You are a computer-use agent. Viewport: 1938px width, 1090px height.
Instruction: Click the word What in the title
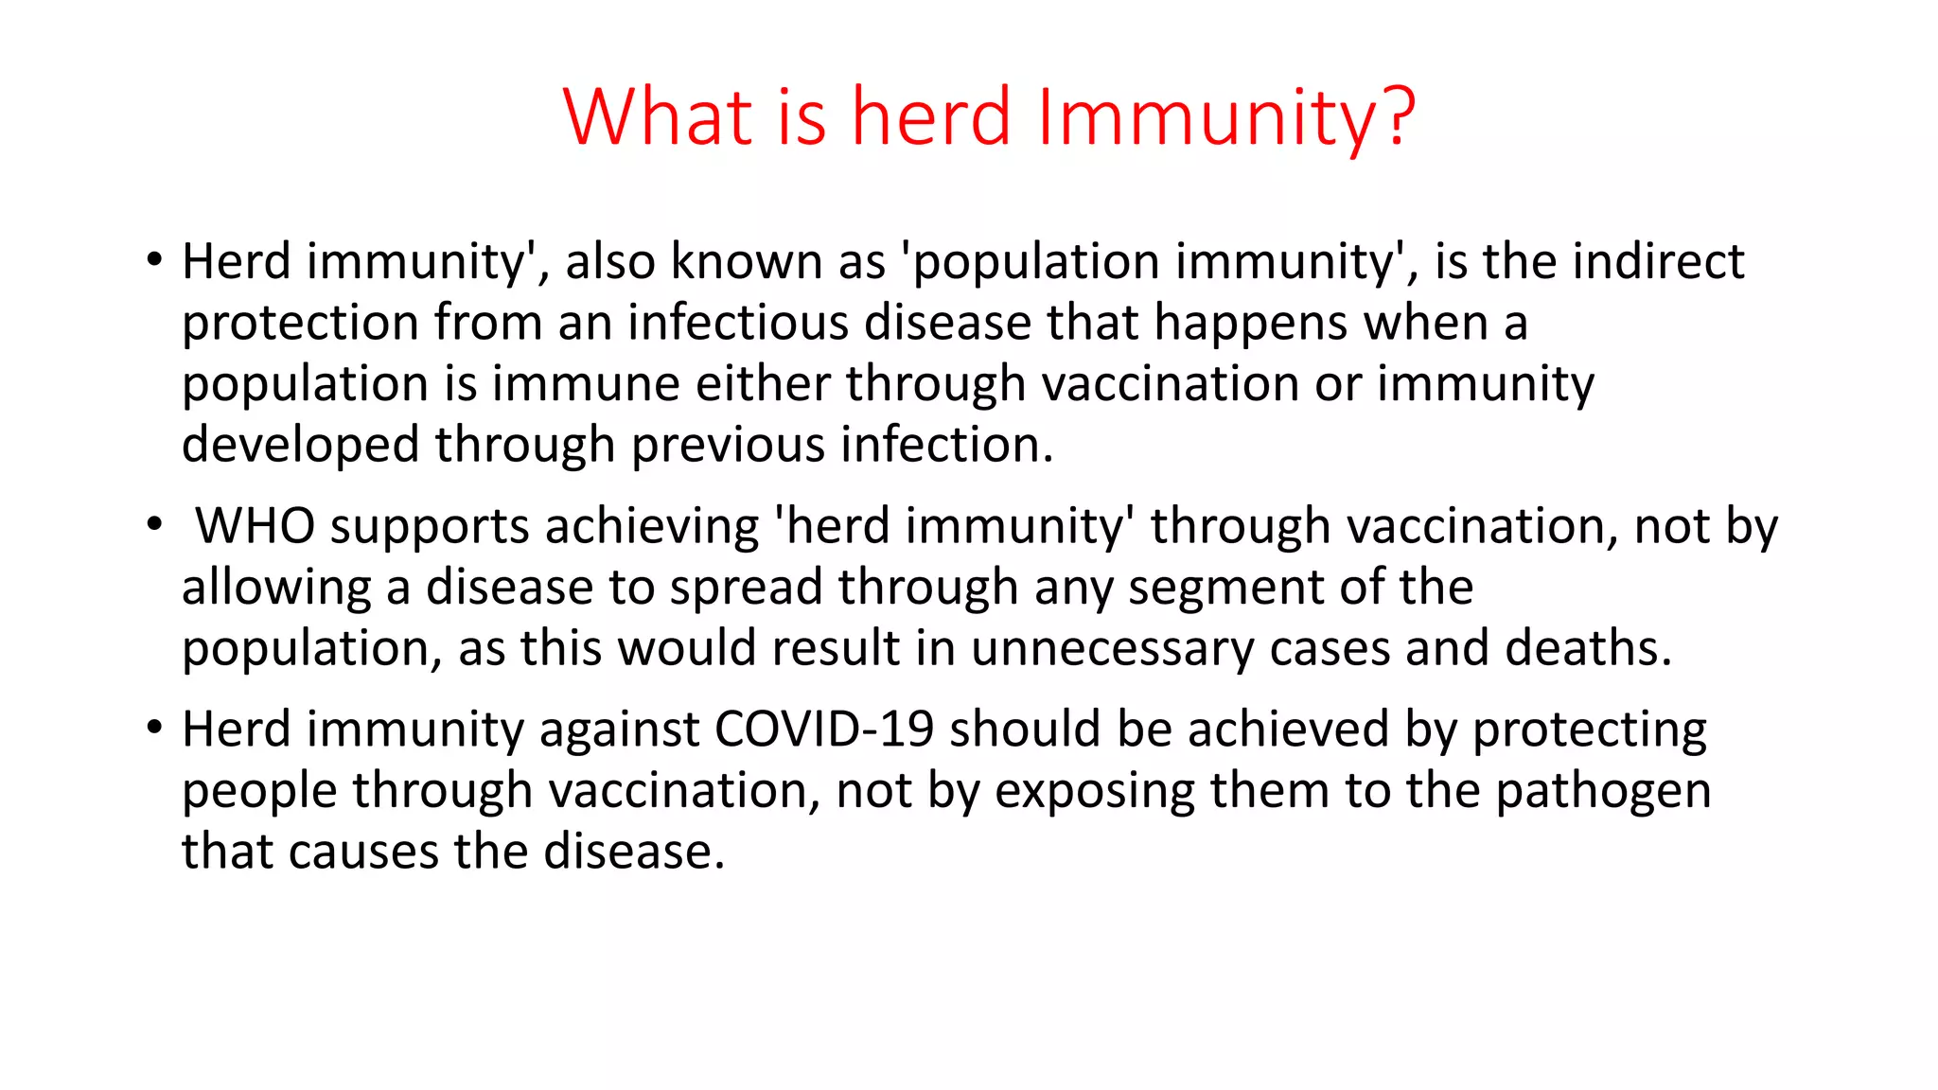pos(659,116)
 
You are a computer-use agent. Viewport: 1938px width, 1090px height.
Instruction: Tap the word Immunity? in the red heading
pos(1226,116)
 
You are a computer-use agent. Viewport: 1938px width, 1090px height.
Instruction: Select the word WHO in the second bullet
pos(255,526)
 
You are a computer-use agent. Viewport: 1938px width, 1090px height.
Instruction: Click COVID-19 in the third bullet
pos(824,730)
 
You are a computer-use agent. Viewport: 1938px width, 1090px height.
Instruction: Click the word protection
pos(300,323)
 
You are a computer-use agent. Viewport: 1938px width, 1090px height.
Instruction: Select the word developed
pos(300,445)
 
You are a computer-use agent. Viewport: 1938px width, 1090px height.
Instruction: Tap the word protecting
pos(1590,730)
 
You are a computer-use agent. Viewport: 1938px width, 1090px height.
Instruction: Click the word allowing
pos(276,588)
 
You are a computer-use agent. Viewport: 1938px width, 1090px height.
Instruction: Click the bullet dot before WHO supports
pos(155,525)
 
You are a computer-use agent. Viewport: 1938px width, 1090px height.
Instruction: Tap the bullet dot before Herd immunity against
pos(155,729)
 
